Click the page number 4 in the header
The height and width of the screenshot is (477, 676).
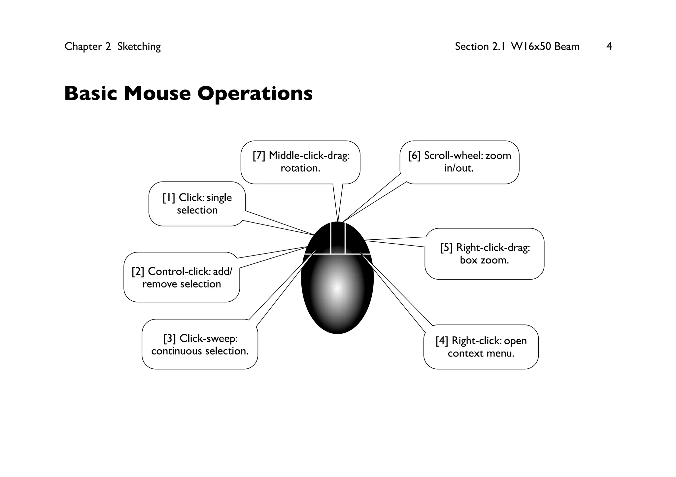click(609, 47)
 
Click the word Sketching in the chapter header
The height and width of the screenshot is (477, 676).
click(139, 47)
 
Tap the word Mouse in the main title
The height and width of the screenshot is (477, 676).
click(157, 93)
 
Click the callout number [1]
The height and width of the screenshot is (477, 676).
click(169, 198)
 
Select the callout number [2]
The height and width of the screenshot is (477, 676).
click(138, 272)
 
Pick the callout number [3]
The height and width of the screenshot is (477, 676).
click(170, 338)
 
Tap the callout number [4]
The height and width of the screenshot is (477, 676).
click(442, 341)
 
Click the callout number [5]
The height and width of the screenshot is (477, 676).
click(446, 248)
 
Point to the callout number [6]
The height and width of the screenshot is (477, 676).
click(414, 155)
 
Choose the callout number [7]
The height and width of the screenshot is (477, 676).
click(259, 155)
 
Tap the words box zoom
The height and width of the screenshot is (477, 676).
click(484, 260)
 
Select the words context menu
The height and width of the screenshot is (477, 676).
click(481, 354)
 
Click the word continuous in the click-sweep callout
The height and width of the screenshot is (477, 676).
click(177, 351)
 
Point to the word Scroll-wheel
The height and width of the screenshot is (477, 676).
click(453, 155)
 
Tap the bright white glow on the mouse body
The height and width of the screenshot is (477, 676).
click(337, 288)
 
